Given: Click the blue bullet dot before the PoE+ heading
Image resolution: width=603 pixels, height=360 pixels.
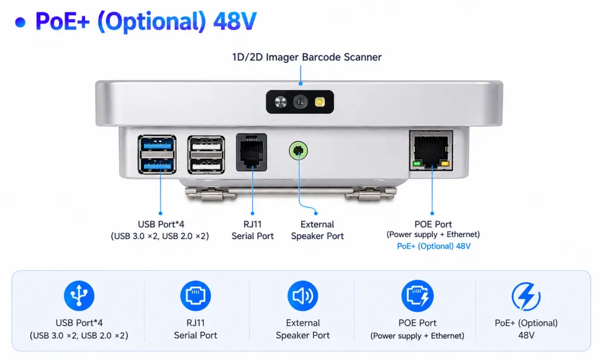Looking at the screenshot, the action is pyautogui.click(x=20, y=22).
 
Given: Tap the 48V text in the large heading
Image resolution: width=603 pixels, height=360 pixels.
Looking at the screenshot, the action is pyautogui.click(x=235, y=22).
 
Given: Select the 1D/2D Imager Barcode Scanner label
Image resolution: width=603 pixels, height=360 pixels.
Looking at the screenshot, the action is pyautogui.click(x=306, y=57).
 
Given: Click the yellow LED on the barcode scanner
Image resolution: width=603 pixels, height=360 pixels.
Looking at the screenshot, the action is pyautogui.click(x=320, y=102).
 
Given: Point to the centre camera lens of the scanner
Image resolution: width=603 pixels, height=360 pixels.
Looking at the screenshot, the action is pyautogui.click(x=300, y=102).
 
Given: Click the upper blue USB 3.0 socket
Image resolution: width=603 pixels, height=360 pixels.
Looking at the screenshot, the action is pyautogui.click(x=157, y=144).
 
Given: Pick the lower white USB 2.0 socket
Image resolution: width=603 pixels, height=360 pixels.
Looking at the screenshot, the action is pyautogui.click(x=206, y=166).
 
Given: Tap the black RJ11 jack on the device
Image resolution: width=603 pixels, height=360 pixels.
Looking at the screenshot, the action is pyautogui.click(x=251, y=153).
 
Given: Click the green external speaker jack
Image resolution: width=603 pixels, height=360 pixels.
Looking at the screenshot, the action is pyautogui.click(x=298, y=150).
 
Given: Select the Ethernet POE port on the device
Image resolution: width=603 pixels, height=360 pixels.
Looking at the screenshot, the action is pyautogui.click(x=431, y=150).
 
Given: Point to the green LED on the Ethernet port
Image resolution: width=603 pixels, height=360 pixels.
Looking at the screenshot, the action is pyautogui.click(x=417, y=164).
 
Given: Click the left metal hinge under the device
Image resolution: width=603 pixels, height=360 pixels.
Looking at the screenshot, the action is pyautogui.click(x=210, y=194).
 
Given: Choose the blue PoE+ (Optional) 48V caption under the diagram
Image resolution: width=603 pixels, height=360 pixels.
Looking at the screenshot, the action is pyautogui.click(x=434, y=246).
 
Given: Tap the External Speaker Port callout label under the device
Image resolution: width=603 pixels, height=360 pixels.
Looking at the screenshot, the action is pyautogui.click(x=317, y=230).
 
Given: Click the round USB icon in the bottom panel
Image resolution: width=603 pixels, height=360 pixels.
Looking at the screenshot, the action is pyautogui.click(x=79, y=295).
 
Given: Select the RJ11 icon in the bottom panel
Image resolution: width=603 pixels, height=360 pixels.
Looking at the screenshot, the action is pyautogui.click(x=195, y=295).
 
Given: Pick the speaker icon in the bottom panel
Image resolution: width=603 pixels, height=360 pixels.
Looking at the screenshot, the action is pyautogui.click(x=303, y=295).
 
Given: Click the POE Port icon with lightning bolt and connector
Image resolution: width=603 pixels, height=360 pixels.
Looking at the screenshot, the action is pyautogui.click(x=417, y=295).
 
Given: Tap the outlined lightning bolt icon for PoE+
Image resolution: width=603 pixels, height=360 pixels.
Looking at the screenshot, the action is pyautogui.click(x=526, y=296).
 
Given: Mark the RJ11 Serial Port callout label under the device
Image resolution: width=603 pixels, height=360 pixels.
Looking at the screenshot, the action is pyautogui.click(x=253, y=230).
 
